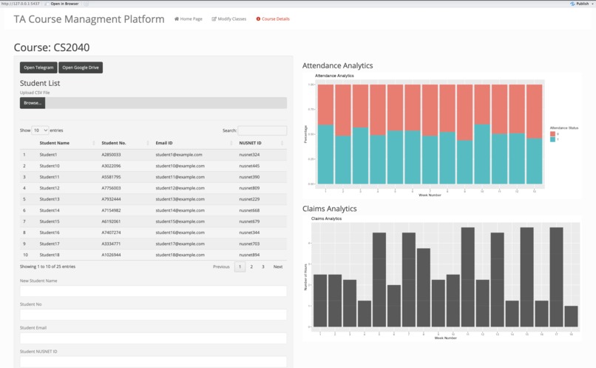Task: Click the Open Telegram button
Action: tap(38, 67)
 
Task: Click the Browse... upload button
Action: tap(33, 103)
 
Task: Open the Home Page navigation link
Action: tap(188, 19)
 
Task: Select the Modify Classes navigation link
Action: tap(229, 19)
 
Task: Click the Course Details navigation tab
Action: tap(273, 19)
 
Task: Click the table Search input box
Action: tap(262, 130)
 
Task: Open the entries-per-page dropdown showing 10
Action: tap(40, 130)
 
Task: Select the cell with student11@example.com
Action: tap(179, 177)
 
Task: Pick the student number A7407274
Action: tap(112, 232)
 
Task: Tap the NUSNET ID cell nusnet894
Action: tap(250, 255)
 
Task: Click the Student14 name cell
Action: tap(50, 210)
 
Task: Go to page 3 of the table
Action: tap(263, 267)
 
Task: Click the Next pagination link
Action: tap(278, 267)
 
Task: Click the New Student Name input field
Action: tap(153, 292)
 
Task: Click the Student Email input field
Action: tap(153, 338)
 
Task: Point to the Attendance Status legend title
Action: tap(564, 128)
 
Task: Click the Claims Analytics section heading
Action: tap(329, 209)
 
